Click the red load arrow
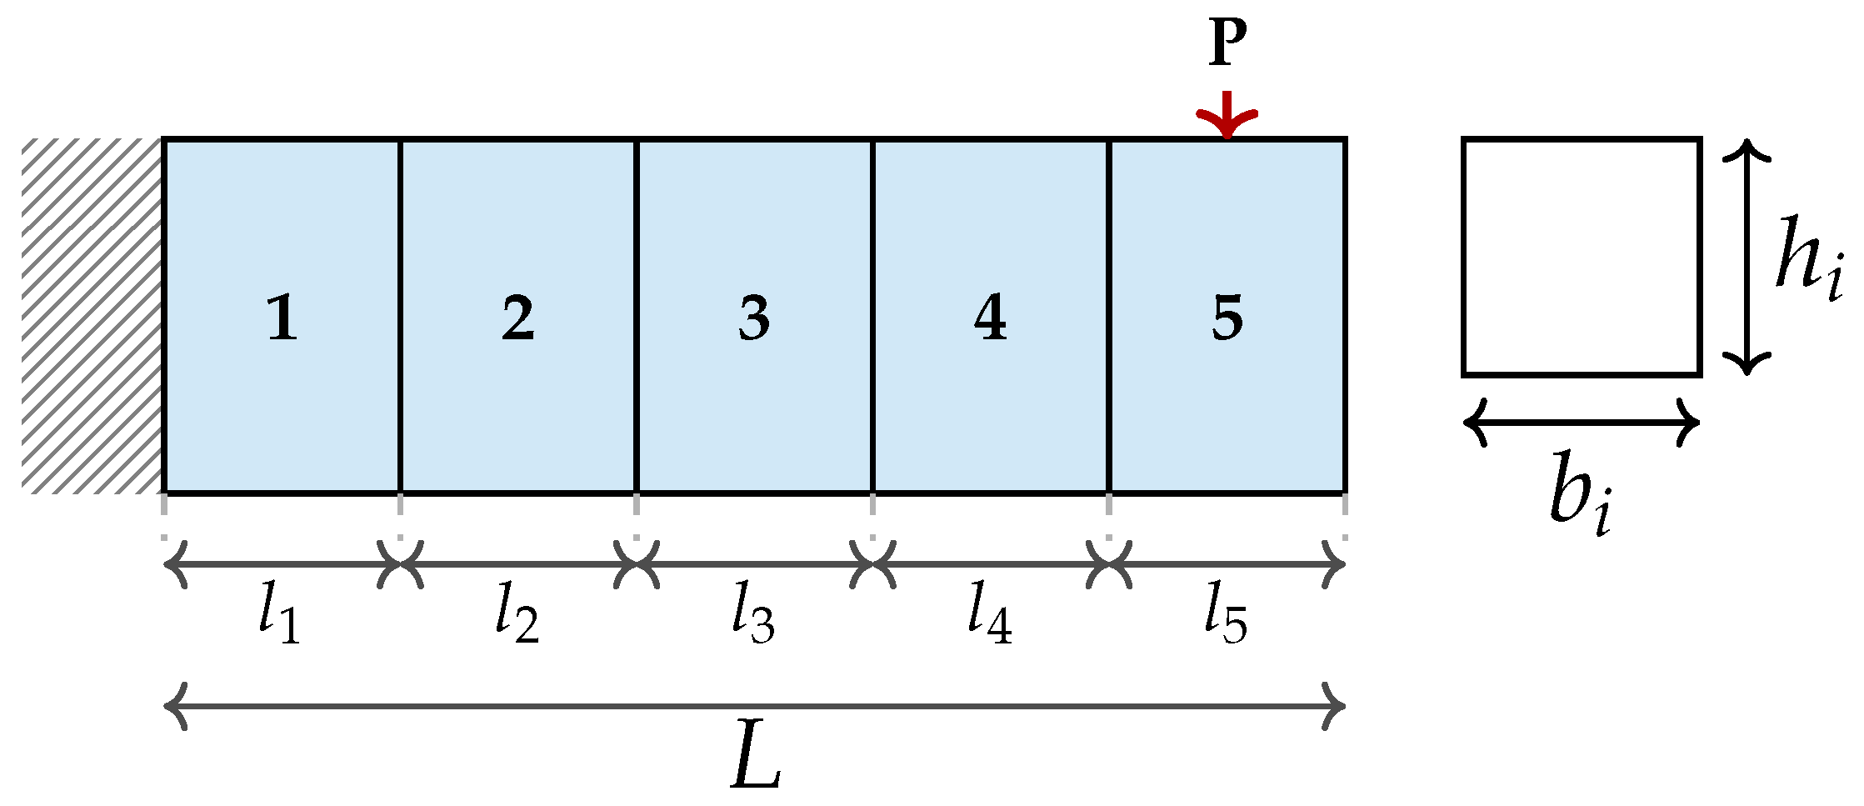pos(1227,116)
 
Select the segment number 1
pos(282,318)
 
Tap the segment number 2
pos(517,318)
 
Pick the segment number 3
pos(754,318)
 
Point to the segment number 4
pos(990,318)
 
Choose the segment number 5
pos(1227,318)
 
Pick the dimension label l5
pos(1226,614)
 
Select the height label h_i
pos(1808,256)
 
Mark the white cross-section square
pos(1581,257)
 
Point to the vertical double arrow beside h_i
pos(1747,257)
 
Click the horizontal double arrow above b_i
pos(1581,422)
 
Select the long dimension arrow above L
pos(754,707)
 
